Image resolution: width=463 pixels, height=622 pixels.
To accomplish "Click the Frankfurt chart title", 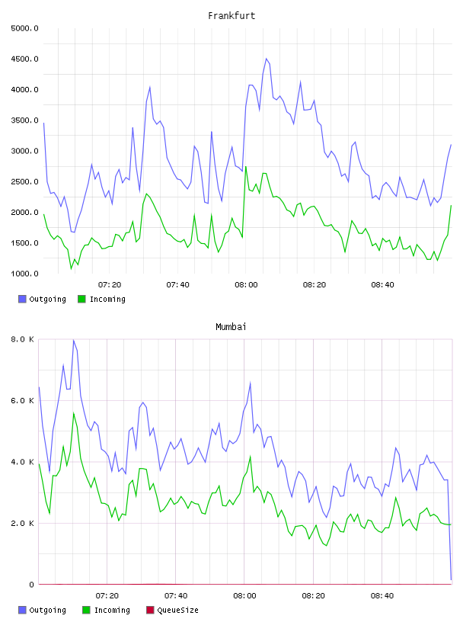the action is coord(231,16).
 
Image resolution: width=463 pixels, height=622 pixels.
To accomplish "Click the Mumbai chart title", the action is coord(231,327).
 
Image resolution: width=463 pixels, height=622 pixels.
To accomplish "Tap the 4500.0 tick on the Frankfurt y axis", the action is coord(24,59).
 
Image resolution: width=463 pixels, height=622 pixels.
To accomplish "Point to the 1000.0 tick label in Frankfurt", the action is coord(24,274).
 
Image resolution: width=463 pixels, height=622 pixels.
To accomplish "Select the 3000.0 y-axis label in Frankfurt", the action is coord(24,151).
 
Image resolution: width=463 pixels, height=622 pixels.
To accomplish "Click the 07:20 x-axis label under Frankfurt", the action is coord(110,285).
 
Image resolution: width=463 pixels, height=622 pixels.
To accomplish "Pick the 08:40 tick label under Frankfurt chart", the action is coord(382,285).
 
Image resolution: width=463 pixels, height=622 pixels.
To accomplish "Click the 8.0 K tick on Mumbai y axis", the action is coord(22,339).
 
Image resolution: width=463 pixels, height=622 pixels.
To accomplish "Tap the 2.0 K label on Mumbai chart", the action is coord(22,523).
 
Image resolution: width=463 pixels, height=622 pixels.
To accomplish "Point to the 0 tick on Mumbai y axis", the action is coord(31,585).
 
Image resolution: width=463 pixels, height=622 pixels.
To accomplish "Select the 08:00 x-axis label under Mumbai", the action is coord(244,596).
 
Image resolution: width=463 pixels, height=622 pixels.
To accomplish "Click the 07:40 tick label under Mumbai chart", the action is coord(176,596).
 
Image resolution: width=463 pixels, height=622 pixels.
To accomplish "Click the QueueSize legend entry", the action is coord(172,610).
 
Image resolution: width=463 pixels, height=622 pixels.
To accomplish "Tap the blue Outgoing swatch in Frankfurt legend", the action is coord(22,299).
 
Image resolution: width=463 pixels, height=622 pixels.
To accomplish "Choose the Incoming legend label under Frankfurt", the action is coord(107,299).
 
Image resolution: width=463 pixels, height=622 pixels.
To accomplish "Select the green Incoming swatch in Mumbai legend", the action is coord(86,610).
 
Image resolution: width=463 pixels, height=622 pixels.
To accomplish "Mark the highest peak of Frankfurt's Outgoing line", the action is coord(267,59).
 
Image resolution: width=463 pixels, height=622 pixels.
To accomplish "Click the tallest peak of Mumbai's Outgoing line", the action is coord(73,340).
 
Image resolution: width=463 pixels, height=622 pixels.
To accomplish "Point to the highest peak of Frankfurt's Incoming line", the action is coord(246,167).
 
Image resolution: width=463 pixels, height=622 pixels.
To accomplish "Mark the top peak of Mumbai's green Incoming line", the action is coord(73,413).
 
